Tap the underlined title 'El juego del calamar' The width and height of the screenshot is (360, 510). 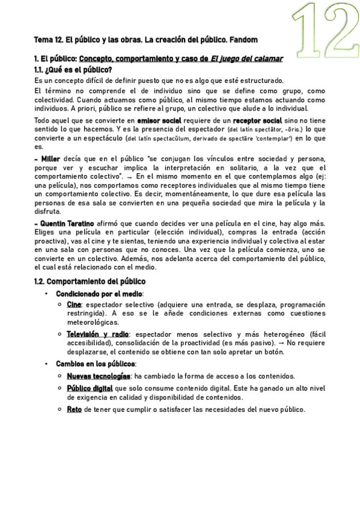(246, 60)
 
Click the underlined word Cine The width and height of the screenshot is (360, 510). (74, 305)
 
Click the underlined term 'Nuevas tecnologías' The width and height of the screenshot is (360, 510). (99, 376)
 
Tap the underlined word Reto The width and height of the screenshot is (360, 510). (74, 410)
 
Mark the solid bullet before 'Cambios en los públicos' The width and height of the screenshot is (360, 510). (46, 364)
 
